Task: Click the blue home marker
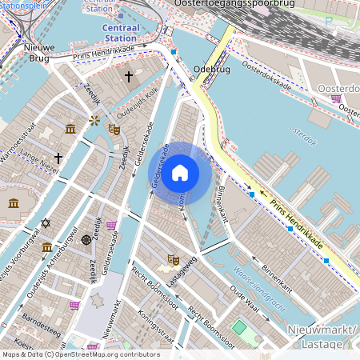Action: click(180, 172)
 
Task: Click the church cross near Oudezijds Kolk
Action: click(129, 76)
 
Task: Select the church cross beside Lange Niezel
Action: click(58, 158)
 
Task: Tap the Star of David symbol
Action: click(46, 222)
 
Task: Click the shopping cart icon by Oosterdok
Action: click(335, 99)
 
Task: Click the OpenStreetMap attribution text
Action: click(80, 354)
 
